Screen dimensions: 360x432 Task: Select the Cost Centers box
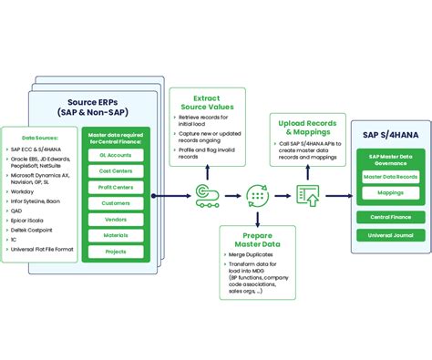point(114,171)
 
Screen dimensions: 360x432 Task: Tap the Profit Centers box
point(114,187)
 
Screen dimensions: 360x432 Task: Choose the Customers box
point(114,202)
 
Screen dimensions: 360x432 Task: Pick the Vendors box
point(114,218)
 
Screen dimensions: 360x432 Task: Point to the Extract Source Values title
point(213,102)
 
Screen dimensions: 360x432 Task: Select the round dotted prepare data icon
point(256,194)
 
